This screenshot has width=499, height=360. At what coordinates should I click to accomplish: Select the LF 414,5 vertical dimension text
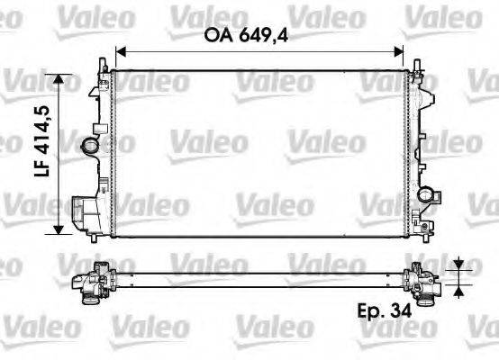41,154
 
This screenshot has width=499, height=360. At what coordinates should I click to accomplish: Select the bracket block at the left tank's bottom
85,213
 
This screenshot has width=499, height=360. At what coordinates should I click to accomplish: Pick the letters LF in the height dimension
41,191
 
